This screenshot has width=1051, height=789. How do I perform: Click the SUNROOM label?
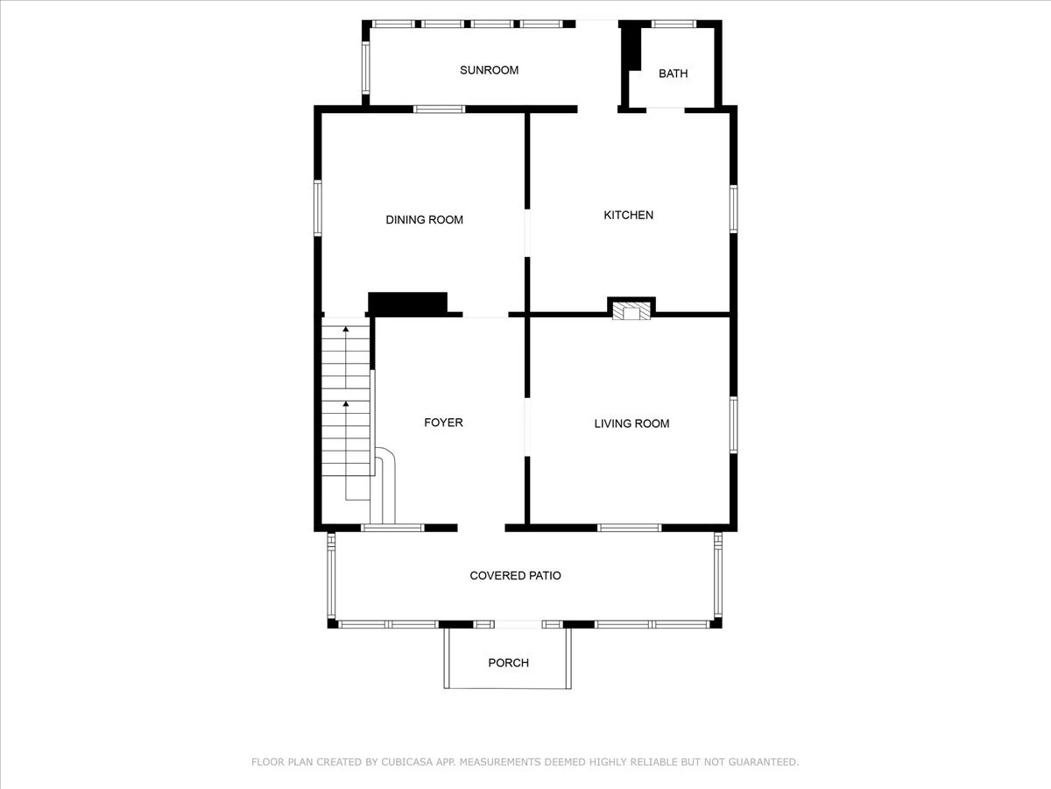click(489, 70)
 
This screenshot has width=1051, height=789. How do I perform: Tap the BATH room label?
click(674, 74)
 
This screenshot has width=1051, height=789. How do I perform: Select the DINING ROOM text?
click(424, 219)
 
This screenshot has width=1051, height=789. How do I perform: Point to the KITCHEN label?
click(628, 215)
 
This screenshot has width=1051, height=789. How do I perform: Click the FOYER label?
click(443, 422)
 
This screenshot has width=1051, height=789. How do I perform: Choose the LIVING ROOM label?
click(631, 423)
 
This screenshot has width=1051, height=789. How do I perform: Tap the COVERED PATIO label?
click(515, 575)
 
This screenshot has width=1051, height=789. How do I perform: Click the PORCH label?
click(509, 663)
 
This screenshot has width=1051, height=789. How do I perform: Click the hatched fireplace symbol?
click(631, 310)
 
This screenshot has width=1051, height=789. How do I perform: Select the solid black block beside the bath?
click(631, 49)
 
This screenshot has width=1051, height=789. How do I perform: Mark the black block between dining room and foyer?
click(407, 303)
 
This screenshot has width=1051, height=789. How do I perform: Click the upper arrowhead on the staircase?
click(346, 329)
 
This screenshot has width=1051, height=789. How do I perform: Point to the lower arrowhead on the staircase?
click(346, 404)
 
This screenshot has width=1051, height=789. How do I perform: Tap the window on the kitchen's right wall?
click(733, 209)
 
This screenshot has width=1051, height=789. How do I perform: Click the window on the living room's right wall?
click(733, 424)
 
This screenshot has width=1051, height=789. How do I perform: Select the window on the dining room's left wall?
click(317, 208)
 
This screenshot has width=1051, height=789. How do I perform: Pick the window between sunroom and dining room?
click(439, 110)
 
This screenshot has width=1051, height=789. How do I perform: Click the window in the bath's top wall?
click(674, 24)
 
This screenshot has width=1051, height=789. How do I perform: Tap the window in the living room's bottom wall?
click(629, 528)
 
